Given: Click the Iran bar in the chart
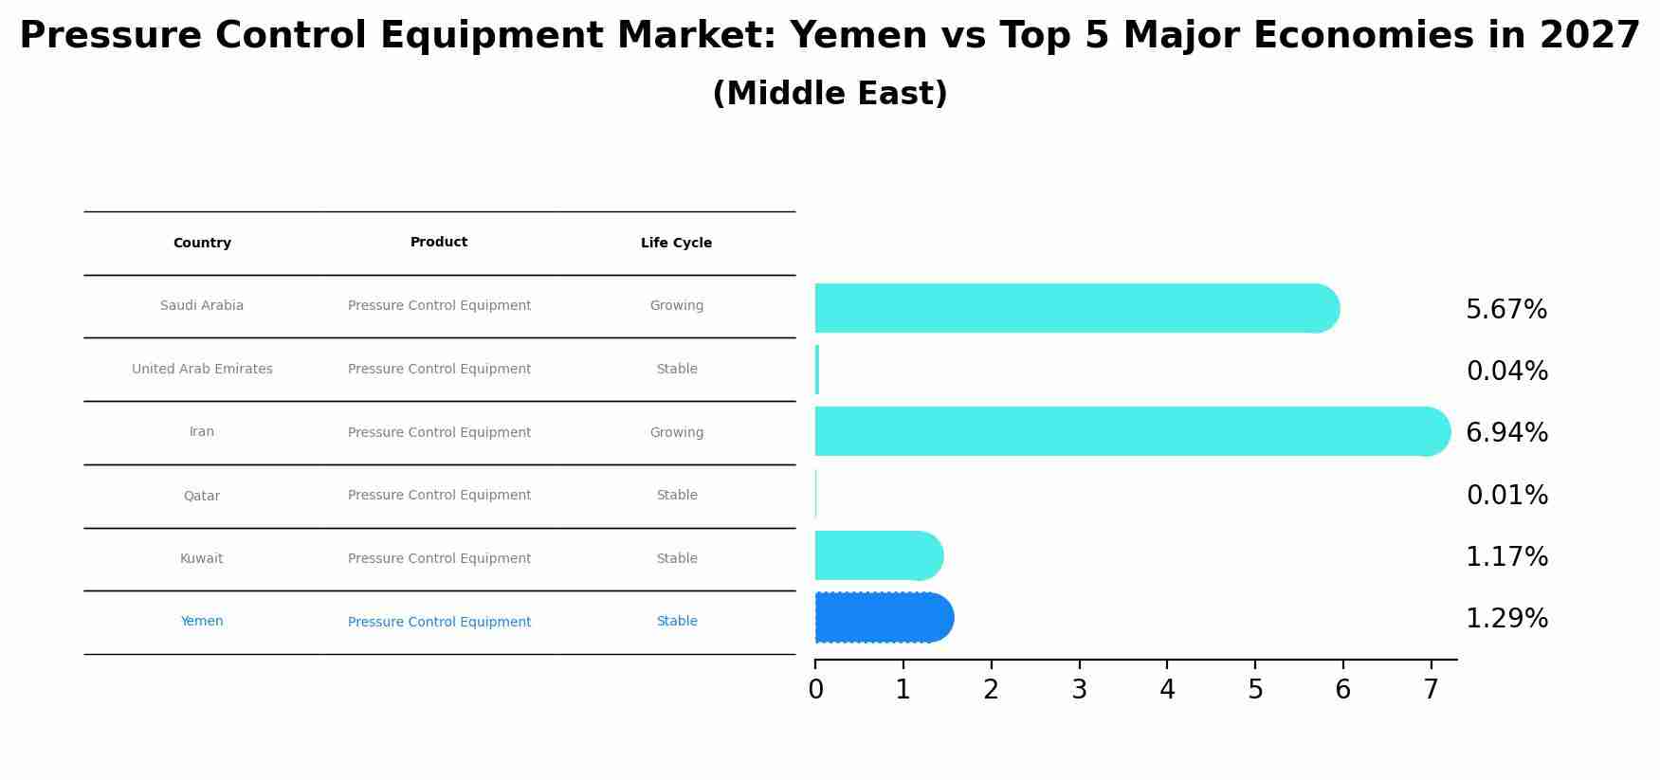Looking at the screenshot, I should pos(1128,431).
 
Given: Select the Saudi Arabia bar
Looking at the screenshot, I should pos(1071,308).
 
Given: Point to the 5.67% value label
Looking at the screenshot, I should pos(1506,310).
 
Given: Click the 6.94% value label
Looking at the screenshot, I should pos(1506,433).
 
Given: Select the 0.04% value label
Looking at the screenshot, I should pos(1506,372).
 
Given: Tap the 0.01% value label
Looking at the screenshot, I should pos(1506,496).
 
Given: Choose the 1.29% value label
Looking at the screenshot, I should pos(1506,619).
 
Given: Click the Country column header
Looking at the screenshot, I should pos(202,244).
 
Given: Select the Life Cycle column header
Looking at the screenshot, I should pos(676,244).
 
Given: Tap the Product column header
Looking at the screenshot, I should pos(439,243).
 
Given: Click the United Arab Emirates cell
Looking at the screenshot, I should pos(202,370).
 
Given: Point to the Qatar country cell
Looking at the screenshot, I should pos(202,496).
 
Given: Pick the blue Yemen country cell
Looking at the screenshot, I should pos(202,622).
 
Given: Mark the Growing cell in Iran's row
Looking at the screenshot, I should pos(676,433).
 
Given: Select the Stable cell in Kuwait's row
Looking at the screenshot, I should pos(676,559).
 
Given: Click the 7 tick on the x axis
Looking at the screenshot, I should pos(1431,690).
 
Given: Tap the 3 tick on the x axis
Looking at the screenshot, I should pos(1079,690).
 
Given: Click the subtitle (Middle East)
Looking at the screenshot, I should pos(830,94).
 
